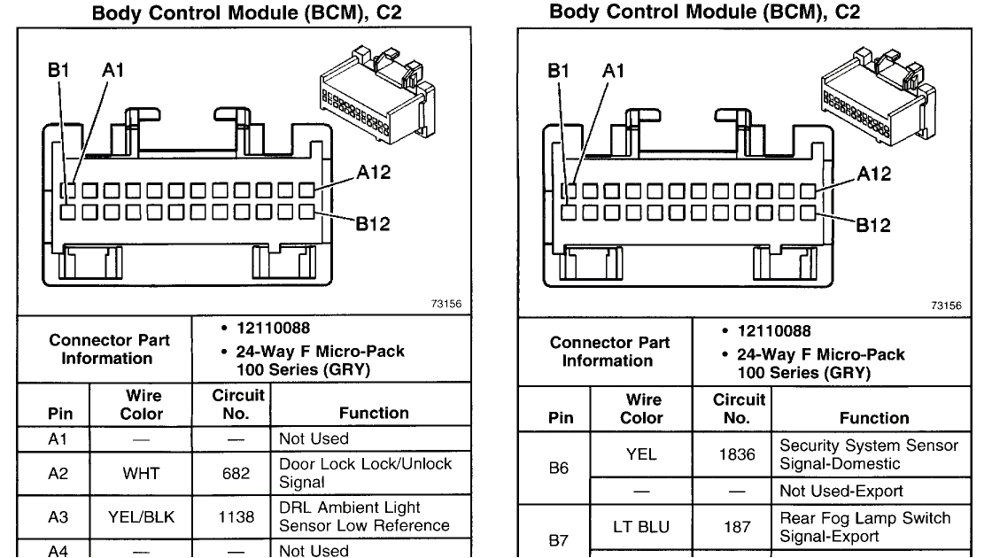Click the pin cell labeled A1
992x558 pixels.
tap(53, 438)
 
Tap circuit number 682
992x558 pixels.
tap(230, 473)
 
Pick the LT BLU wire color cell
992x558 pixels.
tap(644, 527)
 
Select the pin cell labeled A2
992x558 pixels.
tap(53, 473)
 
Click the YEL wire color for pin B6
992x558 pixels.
tap(644, 453)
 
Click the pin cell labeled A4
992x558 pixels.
tap(53, 550)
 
